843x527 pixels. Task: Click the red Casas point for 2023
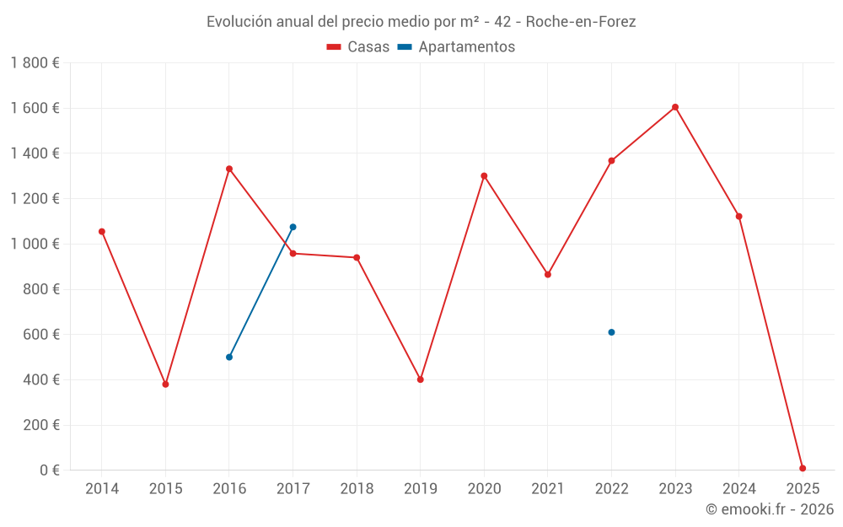pyautogui.click(x=675, y=107)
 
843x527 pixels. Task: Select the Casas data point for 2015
pyautogui.click(x=165, y=384)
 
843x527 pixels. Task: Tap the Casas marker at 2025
pyautogui.click(x=803, y=468)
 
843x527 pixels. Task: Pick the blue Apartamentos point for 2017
pyautogui.click(x=293, y=227)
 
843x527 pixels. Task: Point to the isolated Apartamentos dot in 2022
pyautogui.click(x=611, y=332)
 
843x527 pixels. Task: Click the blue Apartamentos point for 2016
pyautogui.click(x=229, y=357)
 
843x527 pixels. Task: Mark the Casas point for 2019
pyautogui.click(x=420, y=379)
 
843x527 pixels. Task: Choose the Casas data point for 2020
pyautogui.click(x=484, y=176)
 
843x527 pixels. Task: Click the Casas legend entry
pyautogui.click(x=358, y=47)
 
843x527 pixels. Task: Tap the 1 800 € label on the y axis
pyautogui.click(x=35, y=63)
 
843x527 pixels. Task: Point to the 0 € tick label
pyautogui.click(x=50, y=471)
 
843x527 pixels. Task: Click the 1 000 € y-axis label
pyautogui.click(x=35, y=244)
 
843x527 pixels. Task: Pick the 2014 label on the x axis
pyautogui.click(x=102, y=489)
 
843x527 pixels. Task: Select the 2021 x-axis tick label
pyautogui.click(x=548, y=489)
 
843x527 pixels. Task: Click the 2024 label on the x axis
pyautogui.click(x=738, y=489)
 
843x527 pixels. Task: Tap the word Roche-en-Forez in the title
pyautogui.click(x=581, y=22)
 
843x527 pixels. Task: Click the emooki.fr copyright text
pyautogui.click(x=770, y=509)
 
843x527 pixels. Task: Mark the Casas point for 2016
pyautogui.click(x=229, y=169)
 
